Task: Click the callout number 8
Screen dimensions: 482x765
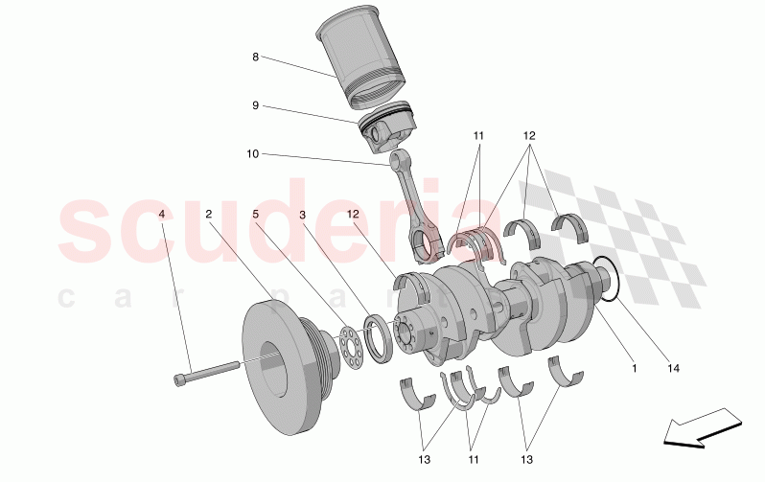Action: pyautogui.click(x=256, y=57)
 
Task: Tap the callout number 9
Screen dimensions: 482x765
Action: pyautogui.click(x=256, y=105)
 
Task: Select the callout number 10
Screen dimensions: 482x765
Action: pyautogui.click(x=253, y=154)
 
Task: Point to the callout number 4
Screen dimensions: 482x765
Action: pyautogui.click(x=162, y=214)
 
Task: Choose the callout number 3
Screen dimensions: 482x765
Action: pyautogui.click(x=302, y=214)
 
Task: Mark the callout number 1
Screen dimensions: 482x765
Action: pyautogui.click(x=634, y=366)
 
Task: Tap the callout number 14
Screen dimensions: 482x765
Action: pyautogui.click(x=673, y=366)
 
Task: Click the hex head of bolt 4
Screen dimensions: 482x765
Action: pyautogui.click(x=181, y=380)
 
